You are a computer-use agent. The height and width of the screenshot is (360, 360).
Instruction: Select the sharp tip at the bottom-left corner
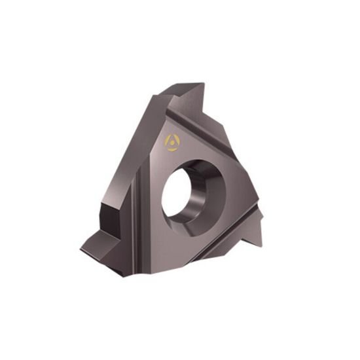click(x=81, y=249)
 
